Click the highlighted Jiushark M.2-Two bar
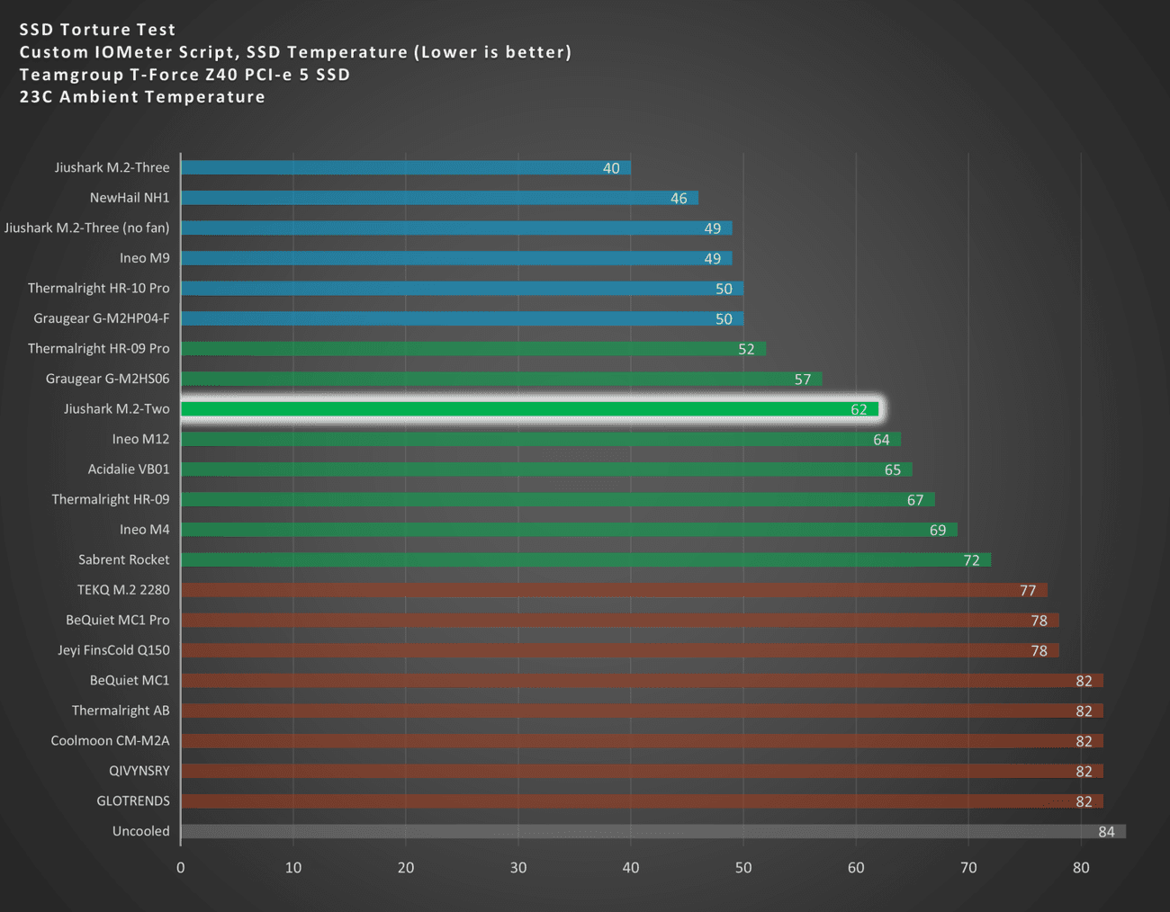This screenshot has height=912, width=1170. (529, 409)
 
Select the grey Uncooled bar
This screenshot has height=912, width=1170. (652, 831)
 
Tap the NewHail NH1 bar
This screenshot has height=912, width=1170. (439, 198)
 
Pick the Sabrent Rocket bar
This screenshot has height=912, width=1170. (585, 559)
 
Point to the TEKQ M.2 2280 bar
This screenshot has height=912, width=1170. (614, 590)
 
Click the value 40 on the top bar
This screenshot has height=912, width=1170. (611, 168)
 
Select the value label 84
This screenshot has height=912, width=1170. (1106, 832)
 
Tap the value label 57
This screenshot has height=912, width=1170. (803, 380)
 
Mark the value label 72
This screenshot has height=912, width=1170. (971, 560)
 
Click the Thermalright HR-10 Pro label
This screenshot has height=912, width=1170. (98, 288)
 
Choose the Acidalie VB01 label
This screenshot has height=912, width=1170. (129, 469)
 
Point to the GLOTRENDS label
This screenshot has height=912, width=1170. (133, 800)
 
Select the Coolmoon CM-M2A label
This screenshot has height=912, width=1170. (110, 740)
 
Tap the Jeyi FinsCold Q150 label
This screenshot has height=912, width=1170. (113, 649)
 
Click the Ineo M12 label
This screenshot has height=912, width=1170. (140, 439)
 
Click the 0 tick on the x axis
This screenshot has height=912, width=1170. (181, 868)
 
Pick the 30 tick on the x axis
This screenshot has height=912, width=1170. (518, 868)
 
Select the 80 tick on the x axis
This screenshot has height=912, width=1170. (1081, 868)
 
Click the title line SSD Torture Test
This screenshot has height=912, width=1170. (97, 30)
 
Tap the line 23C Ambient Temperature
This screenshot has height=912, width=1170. (142, 97)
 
